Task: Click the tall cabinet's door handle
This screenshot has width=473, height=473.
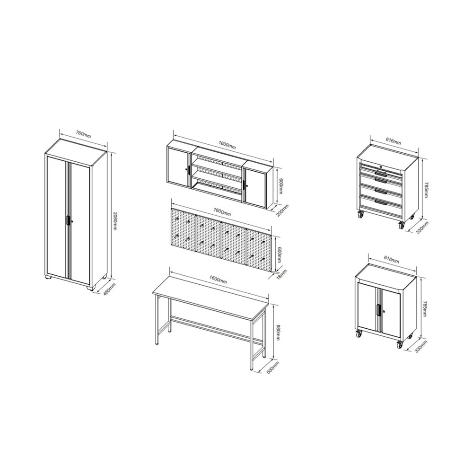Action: coord(68,220)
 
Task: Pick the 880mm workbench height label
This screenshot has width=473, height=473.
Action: coord(278,332)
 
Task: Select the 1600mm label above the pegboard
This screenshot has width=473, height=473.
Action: coord(222,212)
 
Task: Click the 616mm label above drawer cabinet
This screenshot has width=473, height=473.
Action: coord(394,141)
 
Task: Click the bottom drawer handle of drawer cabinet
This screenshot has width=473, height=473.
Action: coord(381,202)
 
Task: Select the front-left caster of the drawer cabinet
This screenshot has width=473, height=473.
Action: coord(361,214)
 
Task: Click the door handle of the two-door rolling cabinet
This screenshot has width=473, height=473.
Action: coord(378,310)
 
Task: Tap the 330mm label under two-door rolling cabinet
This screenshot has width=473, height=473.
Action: coord(421,347)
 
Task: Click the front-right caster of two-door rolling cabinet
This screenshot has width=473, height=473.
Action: coord(400,344)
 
